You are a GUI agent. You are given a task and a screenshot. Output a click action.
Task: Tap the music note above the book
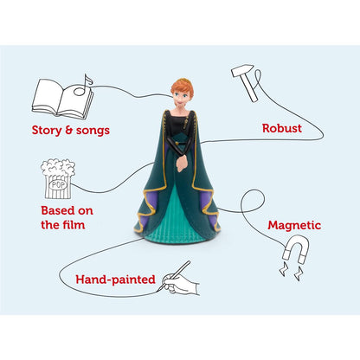tap(83, 86)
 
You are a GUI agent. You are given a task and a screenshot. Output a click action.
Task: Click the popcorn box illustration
tap(58, 179)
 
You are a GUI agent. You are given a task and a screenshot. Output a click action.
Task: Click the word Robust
tap(282, 128)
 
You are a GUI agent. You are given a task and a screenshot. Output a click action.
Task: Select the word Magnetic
tap(294, 225)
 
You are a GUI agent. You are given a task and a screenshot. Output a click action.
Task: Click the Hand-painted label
tap(115, 280)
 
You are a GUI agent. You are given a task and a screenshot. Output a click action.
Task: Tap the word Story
tap(47, 130)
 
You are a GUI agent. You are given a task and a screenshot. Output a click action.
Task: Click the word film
tap(73, 225)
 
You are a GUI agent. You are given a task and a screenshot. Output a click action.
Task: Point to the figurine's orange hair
tap(181, 85)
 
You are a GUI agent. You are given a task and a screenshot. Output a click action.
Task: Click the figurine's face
tap(179, 98)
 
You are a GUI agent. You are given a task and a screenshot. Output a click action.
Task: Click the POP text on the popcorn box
tap(58, 184)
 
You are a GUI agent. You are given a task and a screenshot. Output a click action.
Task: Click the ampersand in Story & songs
tap(68, 130)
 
